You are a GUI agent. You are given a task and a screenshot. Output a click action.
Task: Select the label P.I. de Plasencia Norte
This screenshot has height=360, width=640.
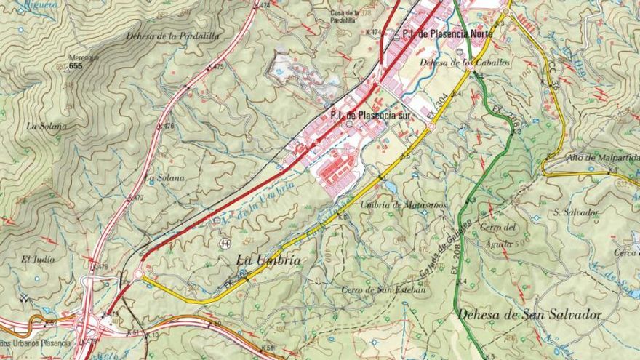click(447, 34)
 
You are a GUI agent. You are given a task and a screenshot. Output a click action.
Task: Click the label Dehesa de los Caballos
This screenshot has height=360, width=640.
click(465, 63)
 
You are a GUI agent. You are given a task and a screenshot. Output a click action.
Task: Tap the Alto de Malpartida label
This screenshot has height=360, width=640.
click(603, 157)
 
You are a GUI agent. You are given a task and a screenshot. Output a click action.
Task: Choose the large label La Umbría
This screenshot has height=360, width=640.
click(268, 260)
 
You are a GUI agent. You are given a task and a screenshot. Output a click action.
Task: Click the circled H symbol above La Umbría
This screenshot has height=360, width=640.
click(225, 243)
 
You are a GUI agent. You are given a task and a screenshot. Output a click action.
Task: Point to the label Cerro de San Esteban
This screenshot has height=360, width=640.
click(383, 289)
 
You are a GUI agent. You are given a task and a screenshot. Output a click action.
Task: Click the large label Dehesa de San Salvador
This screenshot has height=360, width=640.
click(530, 315)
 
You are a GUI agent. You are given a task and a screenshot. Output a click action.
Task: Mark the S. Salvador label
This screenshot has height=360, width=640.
click(575, 212)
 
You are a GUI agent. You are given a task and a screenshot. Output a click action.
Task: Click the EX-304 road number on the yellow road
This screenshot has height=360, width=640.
click(439, 106)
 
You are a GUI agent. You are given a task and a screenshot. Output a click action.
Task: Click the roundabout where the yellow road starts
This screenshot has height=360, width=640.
click(137, 274)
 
